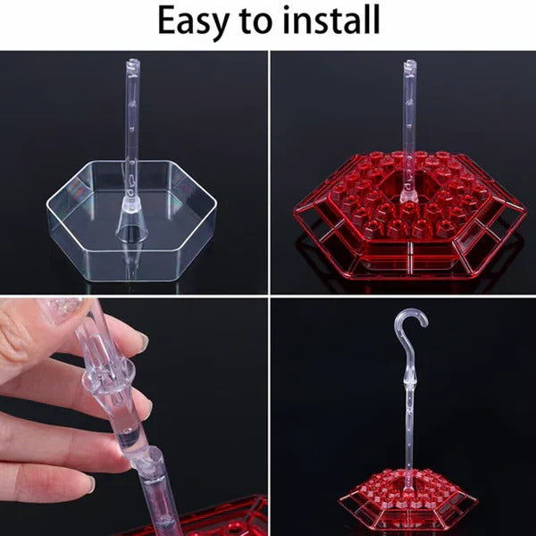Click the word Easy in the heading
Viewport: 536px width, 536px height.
point(194,21)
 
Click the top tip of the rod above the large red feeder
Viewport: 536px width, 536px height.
point(409,63)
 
